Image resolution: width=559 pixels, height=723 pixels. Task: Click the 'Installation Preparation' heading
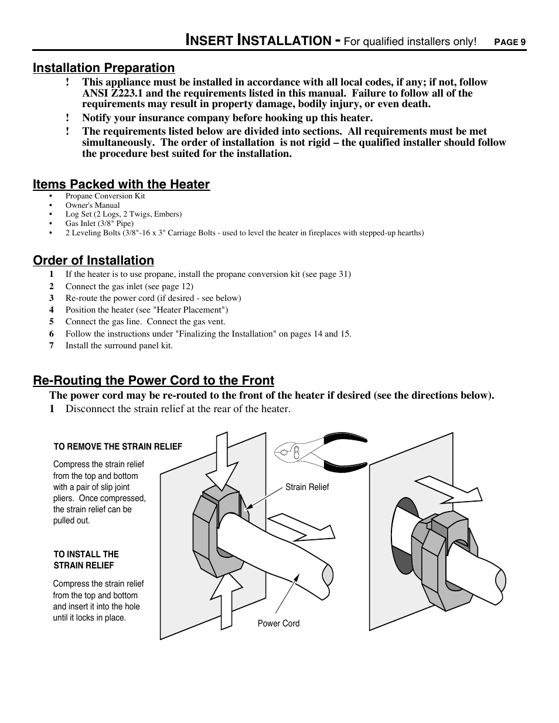point(104,68)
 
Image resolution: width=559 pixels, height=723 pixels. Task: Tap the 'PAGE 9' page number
point(510,42)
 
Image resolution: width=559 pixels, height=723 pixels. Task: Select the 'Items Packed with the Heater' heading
point(121,184)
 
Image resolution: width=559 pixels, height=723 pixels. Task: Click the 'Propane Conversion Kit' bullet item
point(105,196)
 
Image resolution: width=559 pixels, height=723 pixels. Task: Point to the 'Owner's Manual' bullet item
point(93,205)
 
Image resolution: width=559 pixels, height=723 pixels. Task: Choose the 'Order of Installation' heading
point(93,261)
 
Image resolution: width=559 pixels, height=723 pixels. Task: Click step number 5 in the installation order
point(52,321)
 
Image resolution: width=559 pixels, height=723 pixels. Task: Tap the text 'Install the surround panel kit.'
point(119,345)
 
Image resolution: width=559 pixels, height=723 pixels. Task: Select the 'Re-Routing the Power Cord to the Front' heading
point(154,381)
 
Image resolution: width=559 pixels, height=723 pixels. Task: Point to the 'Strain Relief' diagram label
point(307,487)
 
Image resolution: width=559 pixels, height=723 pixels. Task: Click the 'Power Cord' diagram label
point(278,623)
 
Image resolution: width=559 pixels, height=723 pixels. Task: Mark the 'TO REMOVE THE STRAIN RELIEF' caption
point(118,447)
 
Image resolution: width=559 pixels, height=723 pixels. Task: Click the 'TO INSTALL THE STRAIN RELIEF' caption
point(86,560)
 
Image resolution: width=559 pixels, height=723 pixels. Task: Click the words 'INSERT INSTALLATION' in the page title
point(258,40)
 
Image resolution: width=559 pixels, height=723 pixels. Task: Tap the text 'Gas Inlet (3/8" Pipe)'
point(100,224)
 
